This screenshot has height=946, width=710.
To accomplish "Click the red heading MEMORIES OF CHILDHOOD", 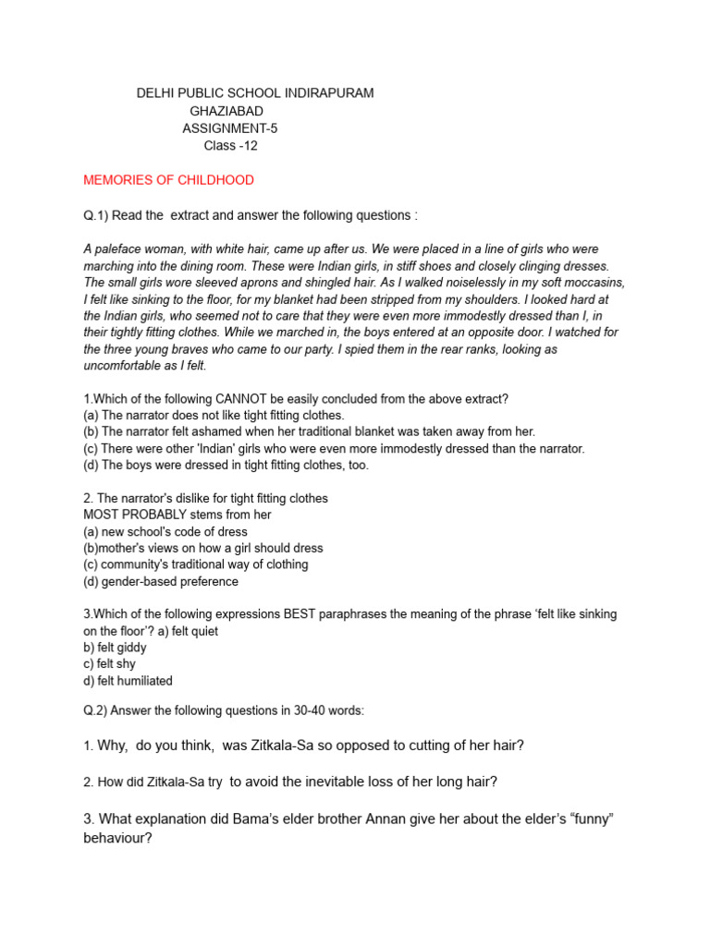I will (168, 180).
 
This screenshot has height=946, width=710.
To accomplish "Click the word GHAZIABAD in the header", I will (226, 111).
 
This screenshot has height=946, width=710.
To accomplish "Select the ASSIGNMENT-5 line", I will (230, 128).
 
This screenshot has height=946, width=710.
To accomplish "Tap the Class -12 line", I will (230, 145).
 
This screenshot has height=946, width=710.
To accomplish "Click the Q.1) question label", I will (96, 215).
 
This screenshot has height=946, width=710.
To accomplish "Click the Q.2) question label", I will (96, 710).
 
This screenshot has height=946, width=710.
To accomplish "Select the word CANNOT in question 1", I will (242, 399).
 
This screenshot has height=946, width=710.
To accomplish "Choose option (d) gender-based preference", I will (161, 581).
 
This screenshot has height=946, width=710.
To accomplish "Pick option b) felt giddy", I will (116, 648).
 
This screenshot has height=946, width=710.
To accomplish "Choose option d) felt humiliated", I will (128, 681).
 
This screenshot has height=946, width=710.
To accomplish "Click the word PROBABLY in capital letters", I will (163, 515).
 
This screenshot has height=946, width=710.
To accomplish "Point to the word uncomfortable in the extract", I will (124, 366).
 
